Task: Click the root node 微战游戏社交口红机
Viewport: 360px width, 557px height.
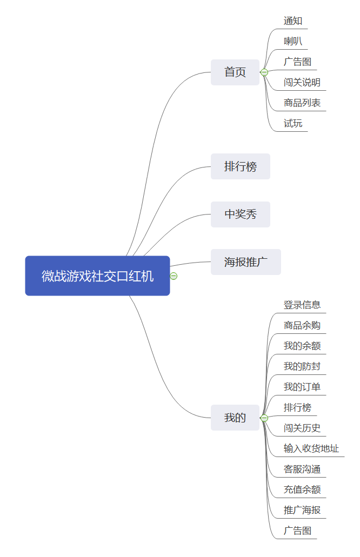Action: point(97,276)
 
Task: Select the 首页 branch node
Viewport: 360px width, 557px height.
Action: point(235,72)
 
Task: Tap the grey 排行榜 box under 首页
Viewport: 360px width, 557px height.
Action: point(241,166)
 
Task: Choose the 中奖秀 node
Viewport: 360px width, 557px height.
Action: point(241,214)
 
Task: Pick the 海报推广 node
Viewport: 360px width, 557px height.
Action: point(246,262)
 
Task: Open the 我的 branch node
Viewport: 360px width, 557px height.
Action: point(235,418)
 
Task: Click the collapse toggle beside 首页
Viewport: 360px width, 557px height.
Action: point(264,72)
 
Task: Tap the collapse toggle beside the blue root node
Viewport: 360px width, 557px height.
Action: point(174,276)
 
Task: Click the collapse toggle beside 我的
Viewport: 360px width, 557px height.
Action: point(264,418)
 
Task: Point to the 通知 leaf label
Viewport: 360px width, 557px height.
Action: point(293,21)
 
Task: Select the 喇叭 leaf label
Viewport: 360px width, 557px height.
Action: point(293,42)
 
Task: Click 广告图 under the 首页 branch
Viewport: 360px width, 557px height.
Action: point(297,62)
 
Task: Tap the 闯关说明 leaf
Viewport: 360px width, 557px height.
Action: point(302,83)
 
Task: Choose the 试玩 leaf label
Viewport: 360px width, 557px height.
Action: point(293,124)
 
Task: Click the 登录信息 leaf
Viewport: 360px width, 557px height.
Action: point(302,305)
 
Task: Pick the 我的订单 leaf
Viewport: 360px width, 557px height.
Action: point(302,387)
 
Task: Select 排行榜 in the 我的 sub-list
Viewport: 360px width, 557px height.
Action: point(297,408)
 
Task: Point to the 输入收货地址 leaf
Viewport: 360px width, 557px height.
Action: point(311,449)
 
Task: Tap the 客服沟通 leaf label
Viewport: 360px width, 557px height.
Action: point(302,469)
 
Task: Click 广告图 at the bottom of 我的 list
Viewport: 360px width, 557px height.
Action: point(297,531)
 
